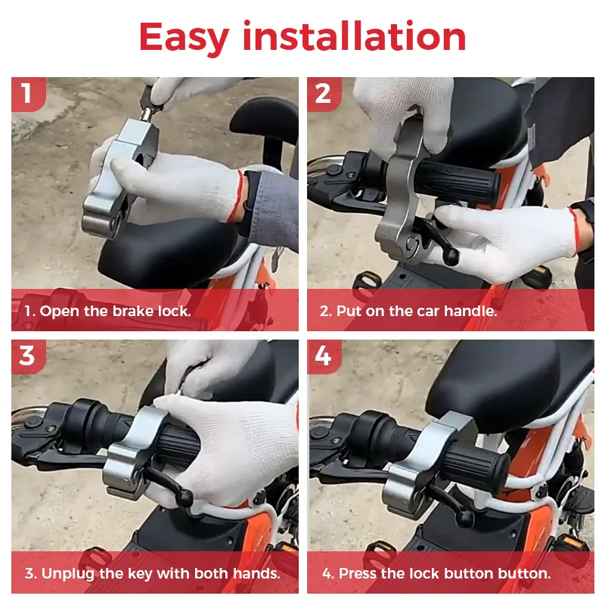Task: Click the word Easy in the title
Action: coord(184,37)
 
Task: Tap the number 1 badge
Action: coord(29,94)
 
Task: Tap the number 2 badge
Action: coord(324,94)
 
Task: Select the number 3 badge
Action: coord(29,356)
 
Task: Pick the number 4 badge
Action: coord(324,356)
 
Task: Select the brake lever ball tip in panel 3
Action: coord(185,498)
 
